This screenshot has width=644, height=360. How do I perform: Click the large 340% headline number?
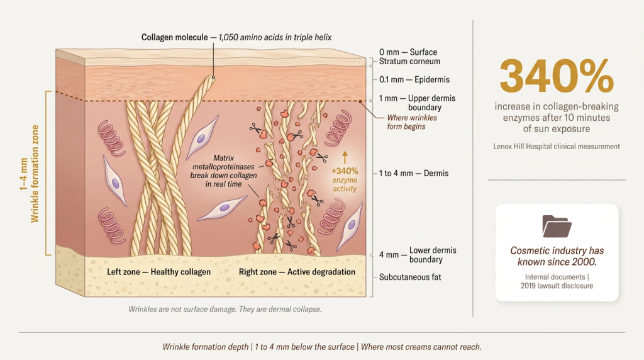tap(557, 76)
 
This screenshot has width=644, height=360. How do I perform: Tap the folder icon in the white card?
tap(557, 226)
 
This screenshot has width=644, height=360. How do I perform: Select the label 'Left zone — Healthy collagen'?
tap(159, 272)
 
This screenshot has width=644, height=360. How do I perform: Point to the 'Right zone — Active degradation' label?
tap(297, 272)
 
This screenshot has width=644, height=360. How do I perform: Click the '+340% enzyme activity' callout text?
tap(345, 179)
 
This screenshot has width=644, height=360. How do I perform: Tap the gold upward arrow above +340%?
tap(345, 157)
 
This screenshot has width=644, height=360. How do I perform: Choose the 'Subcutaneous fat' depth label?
tap(410, 277)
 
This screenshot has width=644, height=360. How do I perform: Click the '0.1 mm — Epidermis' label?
tap(414, 79)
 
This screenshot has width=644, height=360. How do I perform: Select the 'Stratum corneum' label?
tap(409, 61)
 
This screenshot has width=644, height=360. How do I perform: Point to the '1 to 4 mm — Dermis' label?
tap(414, 173)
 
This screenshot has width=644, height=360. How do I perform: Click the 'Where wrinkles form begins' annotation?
tap(412, 122)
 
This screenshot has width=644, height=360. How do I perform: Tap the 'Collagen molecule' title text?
tap(175, 37)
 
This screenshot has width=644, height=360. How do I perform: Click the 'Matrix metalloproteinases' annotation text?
tap(224, 162)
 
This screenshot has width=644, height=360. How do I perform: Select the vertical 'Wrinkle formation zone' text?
tap(35, 174)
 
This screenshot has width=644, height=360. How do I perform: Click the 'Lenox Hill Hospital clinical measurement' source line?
tap(557, 146)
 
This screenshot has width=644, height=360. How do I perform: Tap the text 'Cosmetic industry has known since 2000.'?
tap(557, 256)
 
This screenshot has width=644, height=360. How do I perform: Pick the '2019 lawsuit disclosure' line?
tap(557, 286)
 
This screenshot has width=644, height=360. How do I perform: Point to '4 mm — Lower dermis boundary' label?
tap(418, 255)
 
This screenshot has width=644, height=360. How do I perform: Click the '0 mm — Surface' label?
tap(408, 52)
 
